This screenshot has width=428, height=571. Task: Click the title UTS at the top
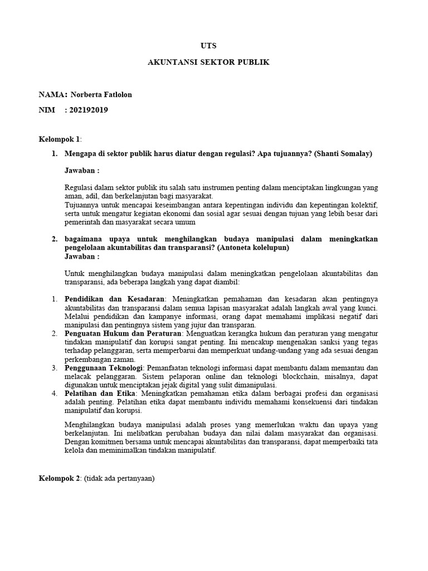click(x=208, y=45)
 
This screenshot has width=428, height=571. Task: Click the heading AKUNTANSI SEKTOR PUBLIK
click(x=208, y=62)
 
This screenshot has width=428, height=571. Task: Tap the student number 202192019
click(x=89, y=110)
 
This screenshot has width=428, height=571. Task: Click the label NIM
click(x=47, y=110)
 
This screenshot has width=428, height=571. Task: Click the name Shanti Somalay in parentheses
click(x=343, y=153)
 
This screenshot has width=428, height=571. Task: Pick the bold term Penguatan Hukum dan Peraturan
click(x=123, y=333)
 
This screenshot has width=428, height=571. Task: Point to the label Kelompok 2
click(x=60, y=478)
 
